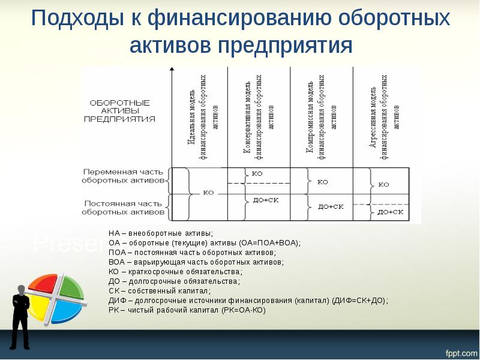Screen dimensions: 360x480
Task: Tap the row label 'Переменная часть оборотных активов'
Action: (123, 175)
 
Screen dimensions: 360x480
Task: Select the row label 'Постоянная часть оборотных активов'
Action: (123, 207)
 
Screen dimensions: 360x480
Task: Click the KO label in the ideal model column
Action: (209, 193)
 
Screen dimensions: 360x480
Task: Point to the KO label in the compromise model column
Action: (322, 181)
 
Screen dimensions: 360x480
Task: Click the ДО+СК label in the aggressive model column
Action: (390, 212)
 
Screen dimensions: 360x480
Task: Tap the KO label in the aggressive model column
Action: (384, 185)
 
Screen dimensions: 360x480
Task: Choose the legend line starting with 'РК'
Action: (186, 310)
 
